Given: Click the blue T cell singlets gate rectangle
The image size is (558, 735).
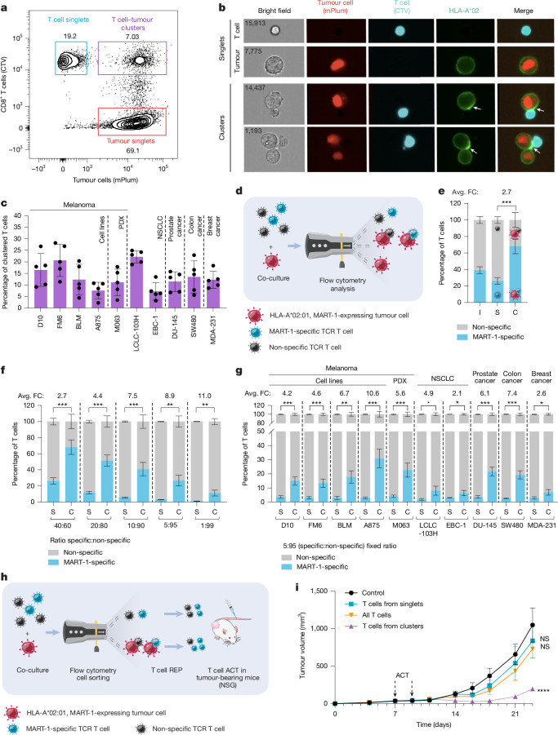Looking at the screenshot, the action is [56, 58].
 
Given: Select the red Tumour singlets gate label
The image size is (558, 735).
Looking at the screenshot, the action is [131, 140].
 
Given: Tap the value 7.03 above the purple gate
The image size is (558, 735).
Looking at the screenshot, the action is [132, 36].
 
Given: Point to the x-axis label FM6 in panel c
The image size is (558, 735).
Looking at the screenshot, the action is [60, 321].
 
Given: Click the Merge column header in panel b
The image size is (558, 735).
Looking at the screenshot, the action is [523, 11].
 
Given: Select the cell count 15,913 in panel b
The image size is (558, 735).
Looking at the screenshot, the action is [255, 23].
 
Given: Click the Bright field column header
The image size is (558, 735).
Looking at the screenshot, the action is [275, 11].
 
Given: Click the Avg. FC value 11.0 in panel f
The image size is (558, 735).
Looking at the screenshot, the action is [204, 396].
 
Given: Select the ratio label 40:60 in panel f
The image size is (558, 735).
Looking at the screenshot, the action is [65, 525].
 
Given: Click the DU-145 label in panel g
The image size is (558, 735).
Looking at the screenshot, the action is [484, 525].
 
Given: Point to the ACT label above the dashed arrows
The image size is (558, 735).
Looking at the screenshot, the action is [402, 675].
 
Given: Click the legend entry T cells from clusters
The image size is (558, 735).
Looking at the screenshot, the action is [392, 626].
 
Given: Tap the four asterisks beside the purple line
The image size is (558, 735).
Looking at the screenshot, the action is [543, 690].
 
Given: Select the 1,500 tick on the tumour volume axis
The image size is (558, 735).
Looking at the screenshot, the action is [318, 591].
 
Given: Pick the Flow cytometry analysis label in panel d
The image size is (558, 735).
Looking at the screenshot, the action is [342, 285].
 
